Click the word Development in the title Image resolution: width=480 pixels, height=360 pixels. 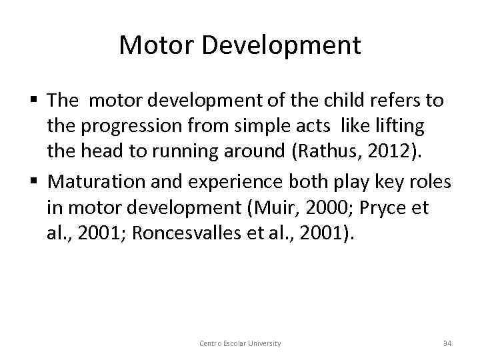279,46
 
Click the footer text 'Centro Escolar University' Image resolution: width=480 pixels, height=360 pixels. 240,343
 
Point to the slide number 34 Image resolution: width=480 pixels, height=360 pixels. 447,343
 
